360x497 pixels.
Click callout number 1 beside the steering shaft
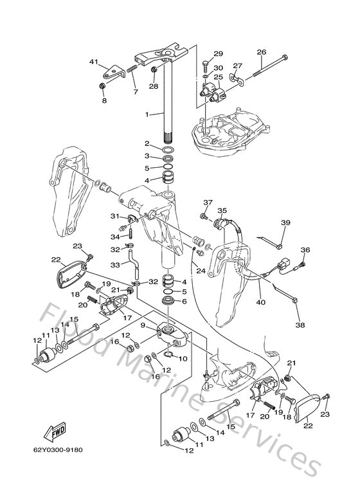point(147,114)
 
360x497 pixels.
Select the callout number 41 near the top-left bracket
point(93,62)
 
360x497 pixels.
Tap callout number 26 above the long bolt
point(262,52)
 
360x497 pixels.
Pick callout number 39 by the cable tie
point(285,223)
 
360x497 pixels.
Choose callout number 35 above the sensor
point(222,210)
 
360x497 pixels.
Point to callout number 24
point(201,271)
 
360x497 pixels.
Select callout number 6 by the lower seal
point(185,302)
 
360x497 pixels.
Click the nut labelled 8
point(104,86)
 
